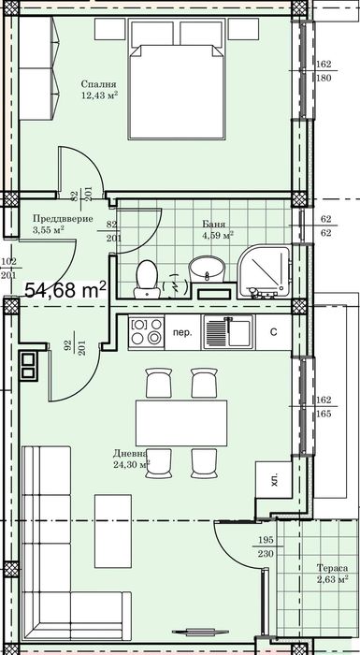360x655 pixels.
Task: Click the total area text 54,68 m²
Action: click(65, 290)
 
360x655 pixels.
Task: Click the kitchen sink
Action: click(225, 332)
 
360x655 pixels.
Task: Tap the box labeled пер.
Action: click(185, 332)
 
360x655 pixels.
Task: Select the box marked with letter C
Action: click(273, 332)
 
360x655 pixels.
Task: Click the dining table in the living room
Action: click(183, 421)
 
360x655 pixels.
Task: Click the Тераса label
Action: click(331, 567)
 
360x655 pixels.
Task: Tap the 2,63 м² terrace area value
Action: click(331, 580)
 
